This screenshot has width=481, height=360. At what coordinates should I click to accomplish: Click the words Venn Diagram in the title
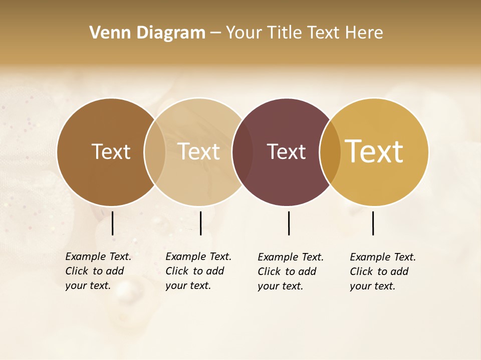coord(147,33)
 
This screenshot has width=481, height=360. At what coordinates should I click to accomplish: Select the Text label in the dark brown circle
coord(111,151)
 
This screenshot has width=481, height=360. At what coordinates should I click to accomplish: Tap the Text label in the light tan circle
coord(199,151)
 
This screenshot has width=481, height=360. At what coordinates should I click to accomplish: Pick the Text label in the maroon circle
coord(286,151)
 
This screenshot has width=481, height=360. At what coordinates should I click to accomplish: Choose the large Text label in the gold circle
coord(374,151)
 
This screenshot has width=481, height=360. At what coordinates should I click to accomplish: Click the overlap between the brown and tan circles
coord(155,151)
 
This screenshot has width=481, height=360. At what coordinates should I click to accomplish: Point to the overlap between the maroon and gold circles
coord(330,151)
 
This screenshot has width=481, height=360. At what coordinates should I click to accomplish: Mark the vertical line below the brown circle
coord(113,223)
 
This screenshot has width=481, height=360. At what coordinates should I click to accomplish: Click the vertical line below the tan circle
coord(200,223)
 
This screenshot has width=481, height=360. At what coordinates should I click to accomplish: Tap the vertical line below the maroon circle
coord(289,223)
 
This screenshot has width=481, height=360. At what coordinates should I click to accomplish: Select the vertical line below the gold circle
coord(373,223)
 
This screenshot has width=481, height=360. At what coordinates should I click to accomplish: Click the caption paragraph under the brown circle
coord(98,271)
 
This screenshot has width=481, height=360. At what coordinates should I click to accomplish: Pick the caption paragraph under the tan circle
coord(198,271)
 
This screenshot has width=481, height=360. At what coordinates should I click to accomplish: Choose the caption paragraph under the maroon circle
coord(290,271)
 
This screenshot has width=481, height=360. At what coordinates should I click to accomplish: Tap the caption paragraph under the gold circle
coord(382,271)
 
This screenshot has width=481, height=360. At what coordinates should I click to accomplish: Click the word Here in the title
coord(365,33)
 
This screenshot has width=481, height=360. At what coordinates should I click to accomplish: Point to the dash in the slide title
coord(215,33)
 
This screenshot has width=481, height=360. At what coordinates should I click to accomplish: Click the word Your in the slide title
coord(245,33)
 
